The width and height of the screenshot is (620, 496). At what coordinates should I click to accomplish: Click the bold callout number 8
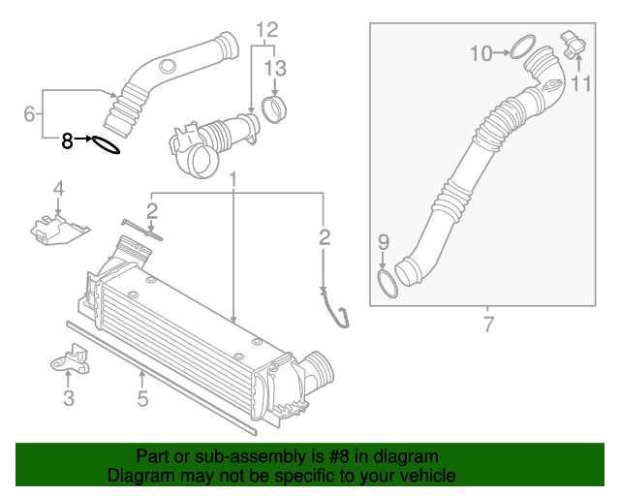pyautogui.click(x=67, y=140)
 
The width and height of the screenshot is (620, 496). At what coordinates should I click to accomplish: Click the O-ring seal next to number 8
pyautogui.click(x=105, y=144)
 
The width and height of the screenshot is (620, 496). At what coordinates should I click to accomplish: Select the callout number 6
pyautogui.click(x=30, y=115)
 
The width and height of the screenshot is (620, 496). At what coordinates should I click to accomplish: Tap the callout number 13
pyautogui.click(x=275, y=68)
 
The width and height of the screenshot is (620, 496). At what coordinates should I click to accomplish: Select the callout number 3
pyautogui.click(x=69, y=398)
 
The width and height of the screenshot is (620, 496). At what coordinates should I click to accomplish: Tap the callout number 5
pyautogui.click(x=142, y=398)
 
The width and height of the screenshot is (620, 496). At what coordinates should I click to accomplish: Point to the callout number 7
pyautogui.click(x=488, y=325)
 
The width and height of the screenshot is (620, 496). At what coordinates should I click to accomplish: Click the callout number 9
pyautogui.click(x=383, y=241)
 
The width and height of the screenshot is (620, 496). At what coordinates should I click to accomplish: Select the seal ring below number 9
pyautogui.click(x=387, y=283)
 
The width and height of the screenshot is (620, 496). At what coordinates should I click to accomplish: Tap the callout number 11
pyautogui.click(x=580, y=84)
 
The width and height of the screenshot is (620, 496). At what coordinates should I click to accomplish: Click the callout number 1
pyautogui.click(x=233, y=180)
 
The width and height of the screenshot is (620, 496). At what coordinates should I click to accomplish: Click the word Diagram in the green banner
pyautogui.click(x=140, y=476)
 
